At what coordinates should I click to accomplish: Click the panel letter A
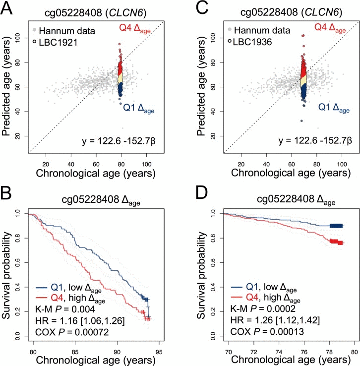click(x=8, y=8)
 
